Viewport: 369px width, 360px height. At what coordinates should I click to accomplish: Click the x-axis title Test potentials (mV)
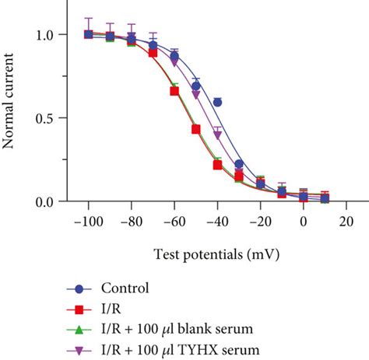point(206,254)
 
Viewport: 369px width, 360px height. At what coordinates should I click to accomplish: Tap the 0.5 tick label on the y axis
point(47,118)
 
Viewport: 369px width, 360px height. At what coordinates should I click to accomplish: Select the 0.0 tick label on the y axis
point(47,201)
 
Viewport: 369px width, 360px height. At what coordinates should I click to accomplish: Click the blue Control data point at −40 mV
point(217,102)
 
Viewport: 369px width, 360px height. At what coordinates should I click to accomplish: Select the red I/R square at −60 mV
point(174,91)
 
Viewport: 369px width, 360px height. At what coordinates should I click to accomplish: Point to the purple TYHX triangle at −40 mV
point(217,134)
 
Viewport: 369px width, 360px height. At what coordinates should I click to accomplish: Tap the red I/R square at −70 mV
point(153,53)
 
